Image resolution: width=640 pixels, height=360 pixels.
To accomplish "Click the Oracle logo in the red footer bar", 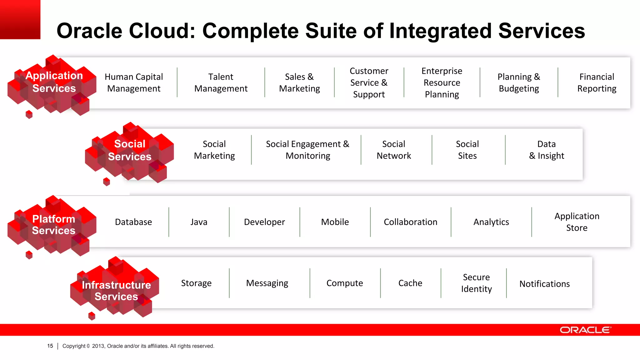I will coord(585,330).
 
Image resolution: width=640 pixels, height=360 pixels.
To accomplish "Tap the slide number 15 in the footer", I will coord(50,346).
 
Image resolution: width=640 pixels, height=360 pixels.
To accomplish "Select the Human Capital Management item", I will coord(134,83).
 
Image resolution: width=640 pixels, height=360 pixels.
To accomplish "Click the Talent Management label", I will coord(221,83).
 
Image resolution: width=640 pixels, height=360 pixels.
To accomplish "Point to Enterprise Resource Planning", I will coord(442,83).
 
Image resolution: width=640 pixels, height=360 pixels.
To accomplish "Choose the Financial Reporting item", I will coord(597,83).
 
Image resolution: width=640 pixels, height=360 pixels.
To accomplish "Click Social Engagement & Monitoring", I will coord(307,150).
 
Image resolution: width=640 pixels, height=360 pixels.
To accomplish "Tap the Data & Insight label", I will coord(546,150).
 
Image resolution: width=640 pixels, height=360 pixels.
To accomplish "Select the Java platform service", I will coord(199,222).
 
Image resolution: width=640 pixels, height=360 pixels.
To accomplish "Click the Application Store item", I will coord(577,222).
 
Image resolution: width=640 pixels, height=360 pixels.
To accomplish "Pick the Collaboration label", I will coord(410,222).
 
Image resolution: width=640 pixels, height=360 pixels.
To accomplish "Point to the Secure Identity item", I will coord(476,283).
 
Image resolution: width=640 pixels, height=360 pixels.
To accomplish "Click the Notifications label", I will coord(544,284).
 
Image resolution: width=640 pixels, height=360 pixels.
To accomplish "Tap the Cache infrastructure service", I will coord(410,283).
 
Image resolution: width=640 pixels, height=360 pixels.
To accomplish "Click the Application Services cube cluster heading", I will coord(54,82).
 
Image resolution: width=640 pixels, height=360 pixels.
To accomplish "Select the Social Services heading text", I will coord(130,150).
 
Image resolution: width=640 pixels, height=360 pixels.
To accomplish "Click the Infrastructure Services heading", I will coord(116,291).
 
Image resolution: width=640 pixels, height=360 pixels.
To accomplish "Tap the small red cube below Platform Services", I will coord(29,255).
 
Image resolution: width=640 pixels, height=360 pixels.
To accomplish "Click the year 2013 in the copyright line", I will coord(98,346).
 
